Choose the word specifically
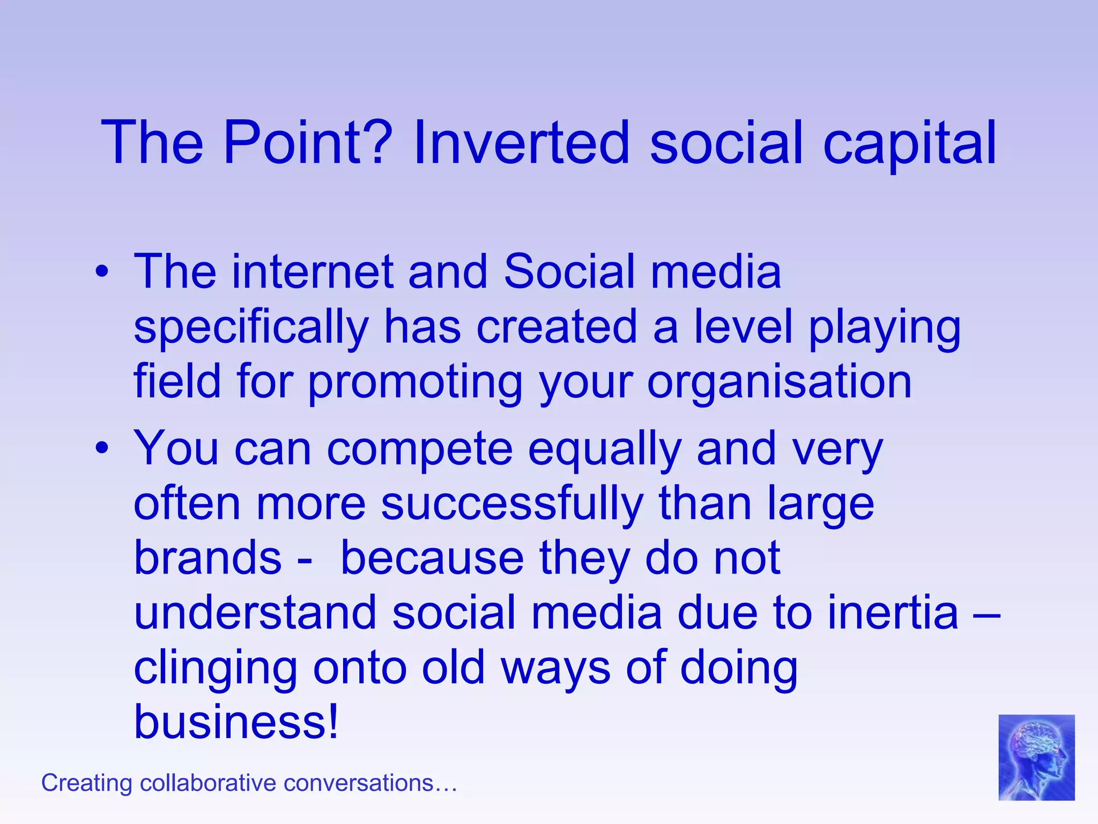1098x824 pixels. (251, 328)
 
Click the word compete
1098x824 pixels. (420, 450)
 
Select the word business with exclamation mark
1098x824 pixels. (236, 722)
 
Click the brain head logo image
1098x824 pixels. (1036, 757)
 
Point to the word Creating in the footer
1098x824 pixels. (86, 783)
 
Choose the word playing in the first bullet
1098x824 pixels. (884, 328)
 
